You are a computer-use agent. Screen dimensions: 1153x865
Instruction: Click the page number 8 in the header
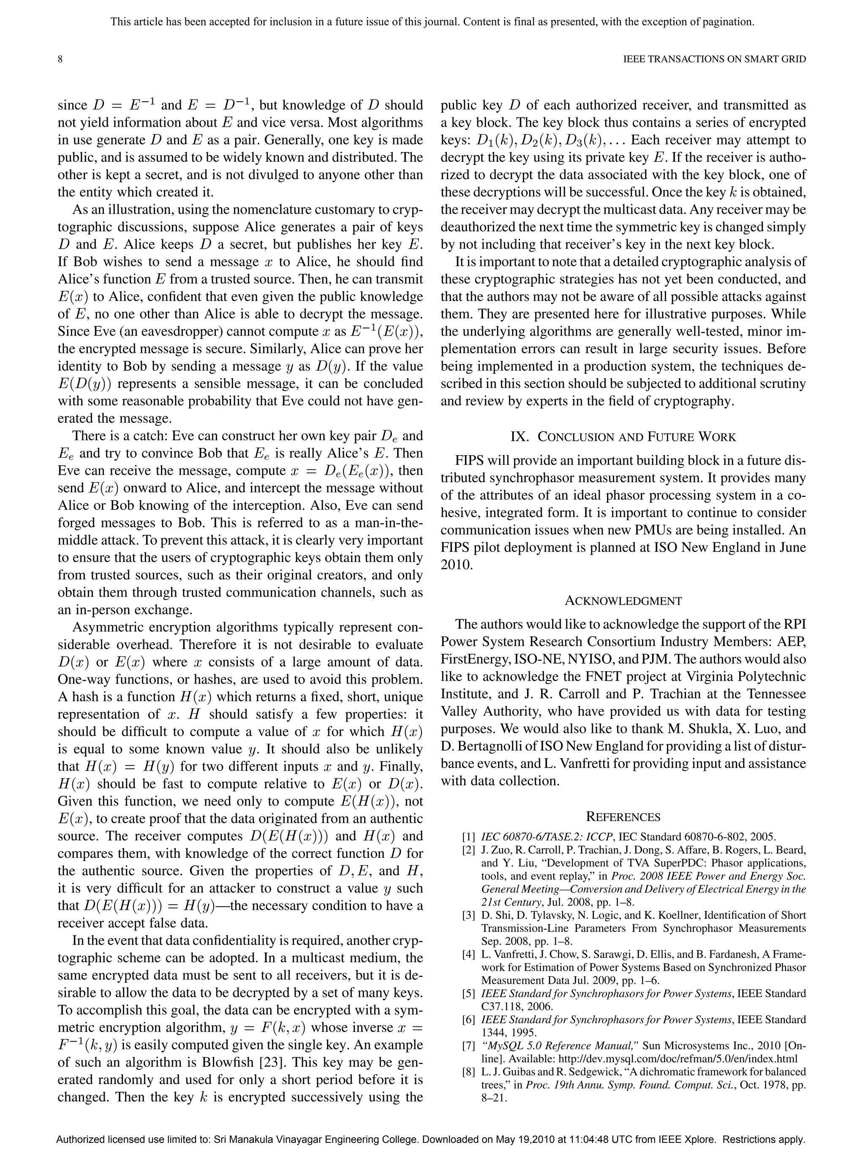60,60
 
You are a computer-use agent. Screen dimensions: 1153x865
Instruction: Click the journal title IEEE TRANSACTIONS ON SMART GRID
714,60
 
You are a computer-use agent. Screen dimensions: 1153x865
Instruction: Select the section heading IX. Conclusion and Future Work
623,437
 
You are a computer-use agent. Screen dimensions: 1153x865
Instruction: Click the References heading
623,817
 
